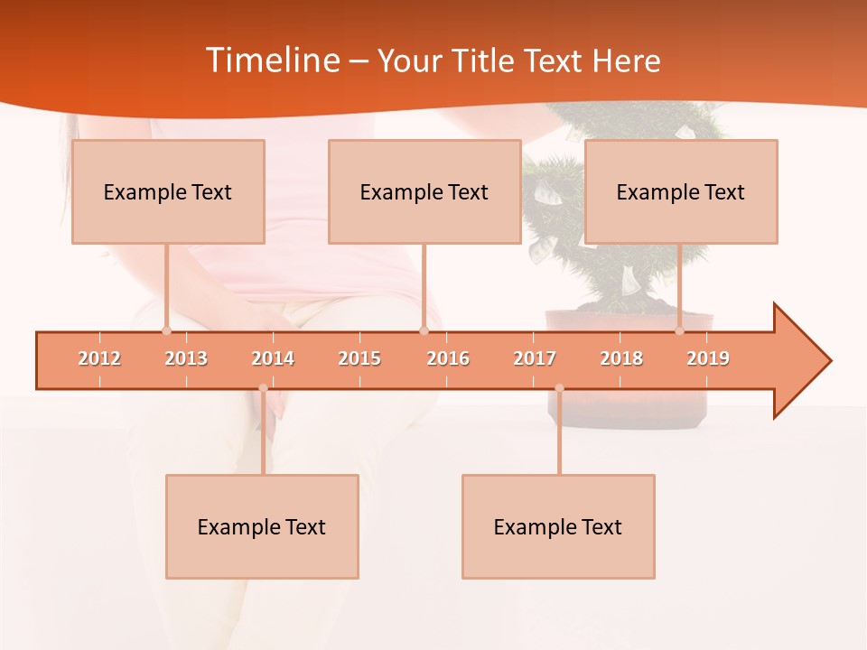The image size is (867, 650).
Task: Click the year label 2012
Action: pyautogui.click(x=99, y=358)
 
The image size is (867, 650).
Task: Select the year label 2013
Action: pyautogui.click(x=186, y=358)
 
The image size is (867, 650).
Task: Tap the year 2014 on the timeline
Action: pyautogui.click(x=273, y=358)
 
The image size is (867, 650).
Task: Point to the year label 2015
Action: pyautogui.click(x=359, y=358)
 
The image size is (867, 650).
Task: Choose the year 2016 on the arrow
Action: pyautogui.click(x=448, y=358)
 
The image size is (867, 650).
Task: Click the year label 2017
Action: pyautogui.click(x=535, y=358)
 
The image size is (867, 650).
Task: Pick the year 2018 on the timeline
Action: pyautogui.click(x=621, y=358)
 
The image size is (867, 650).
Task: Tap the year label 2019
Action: pyautogui.click(x=708, y=358)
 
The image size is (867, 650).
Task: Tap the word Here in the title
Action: pyautogui.click(x=626, y=60)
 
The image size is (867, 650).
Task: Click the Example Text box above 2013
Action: pyautogui.click(x=168, y=191)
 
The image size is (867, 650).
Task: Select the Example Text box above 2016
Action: pyautogui.click(x=424, y=191)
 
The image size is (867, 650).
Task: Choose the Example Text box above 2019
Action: pyautogui.click(x=681, y=191)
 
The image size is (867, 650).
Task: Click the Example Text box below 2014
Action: pyautogui.click(x=262, y=526)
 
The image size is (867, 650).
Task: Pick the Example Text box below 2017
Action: pyautogui.click(x=558, y=526)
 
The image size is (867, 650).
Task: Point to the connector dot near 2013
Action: pyautogui.click(x=166, y=330)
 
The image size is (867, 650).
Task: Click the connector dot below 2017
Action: pyautogui.click(x=559, y=388)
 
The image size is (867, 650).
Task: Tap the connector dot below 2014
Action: pyautogui.click(x=263, y=388)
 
